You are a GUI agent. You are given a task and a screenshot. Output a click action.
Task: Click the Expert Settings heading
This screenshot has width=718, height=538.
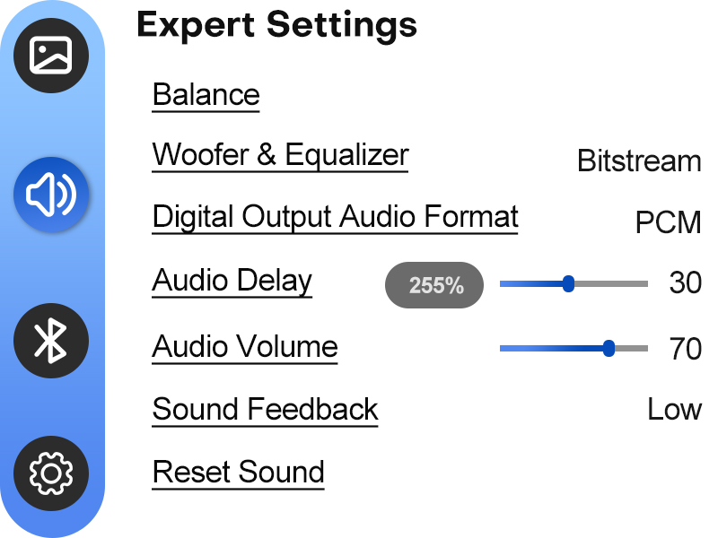pos(276,26)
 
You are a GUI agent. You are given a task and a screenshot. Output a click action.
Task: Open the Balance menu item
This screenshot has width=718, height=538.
pos(206,95)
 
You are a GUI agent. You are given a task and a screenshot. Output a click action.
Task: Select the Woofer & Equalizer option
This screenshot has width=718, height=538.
pos(280,154)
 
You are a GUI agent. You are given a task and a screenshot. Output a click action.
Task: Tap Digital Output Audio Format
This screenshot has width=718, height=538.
pos(335,216)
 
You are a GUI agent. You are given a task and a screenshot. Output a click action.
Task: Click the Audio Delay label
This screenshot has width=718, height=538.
pos(232,281)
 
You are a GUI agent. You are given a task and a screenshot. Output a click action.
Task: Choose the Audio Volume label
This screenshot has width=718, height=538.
pos(245,346)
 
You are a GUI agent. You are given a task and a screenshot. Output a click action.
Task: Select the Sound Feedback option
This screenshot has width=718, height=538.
pos(265,409)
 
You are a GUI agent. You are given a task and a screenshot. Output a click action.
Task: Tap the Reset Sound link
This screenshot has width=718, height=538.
pos(238,472)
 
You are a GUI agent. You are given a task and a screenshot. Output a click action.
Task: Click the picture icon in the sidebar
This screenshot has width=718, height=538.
pos(51,56)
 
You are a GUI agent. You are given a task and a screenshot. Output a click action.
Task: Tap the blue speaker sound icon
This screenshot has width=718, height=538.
pos(51,195)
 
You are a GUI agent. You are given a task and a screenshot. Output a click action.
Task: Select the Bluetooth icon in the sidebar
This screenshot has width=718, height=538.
pos(51,341)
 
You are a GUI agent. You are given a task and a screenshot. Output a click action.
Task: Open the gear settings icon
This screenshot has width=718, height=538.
pos(51,473)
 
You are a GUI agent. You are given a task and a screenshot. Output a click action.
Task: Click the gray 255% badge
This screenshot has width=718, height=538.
pos(434,285)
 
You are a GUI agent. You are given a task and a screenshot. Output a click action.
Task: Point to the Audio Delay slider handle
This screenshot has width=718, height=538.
pos(568,283)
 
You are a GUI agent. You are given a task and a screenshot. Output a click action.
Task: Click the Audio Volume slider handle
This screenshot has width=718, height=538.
pos(609,349)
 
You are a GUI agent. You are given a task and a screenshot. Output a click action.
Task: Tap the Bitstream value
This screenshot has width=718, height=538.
pos(639,161)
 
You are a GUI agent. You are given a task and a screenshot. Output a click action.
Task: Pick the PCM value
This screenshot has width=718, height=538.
pos(668,222)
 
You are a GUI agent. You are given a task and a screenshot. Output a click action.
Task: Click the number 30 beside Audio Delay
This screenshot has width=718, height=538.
pos(686,282)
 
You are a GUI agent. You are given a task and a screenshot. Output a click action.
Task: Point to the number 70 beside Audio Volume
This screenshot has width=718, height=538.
pos(686,349)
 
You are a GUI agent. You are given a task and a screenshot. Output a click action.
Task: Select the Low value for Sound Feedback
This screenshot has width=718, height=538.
pos(675,409)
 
